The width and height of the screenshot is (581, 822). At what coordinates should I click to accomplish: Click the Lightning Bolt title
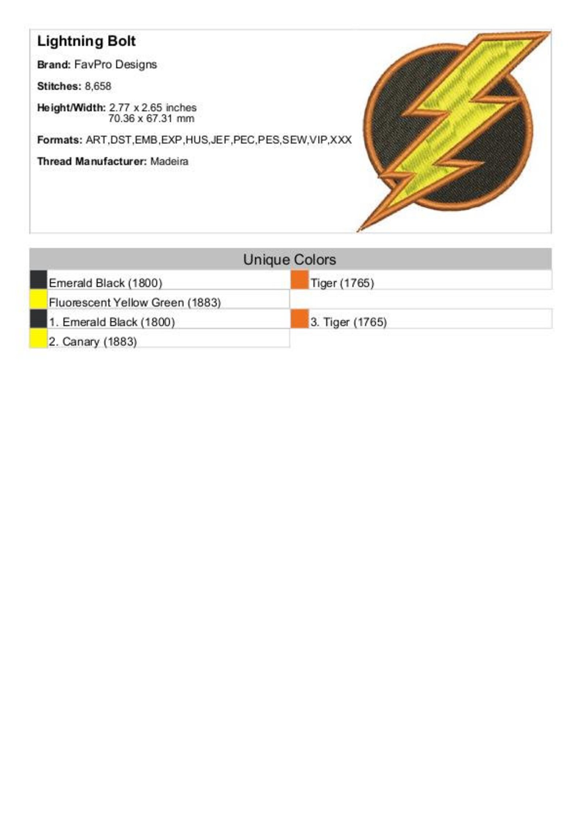click(86, 41)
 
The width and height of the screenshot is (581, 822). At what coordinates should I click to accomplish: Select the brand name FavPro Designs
click(115, 65)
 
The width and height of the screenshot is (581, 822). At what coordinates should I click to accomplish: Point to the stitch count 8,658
click(98, 86)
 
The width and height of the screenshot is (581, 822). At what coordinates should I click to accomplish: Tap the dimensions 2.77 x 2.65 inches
click(153, 108)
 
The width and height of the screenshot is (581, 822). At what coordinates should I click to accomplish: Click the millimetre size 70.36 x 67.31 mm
click(151, 119)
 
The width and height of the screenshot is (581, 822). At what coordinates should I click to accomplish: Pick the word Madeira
click(169, 161)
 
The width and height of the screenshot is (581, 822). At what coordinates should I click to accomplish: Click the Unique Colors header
click(289, 259)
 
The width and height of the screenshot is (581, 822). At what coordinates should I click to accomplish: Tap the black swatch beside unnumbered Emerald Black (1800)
click(38, 280)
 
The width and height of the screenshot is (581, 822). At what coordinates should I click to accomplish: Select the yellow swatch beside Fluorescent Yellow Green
click(38, 299)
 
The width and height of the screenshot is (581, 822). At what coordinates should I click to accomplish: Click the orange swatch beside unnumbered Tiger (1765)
click(300, 280)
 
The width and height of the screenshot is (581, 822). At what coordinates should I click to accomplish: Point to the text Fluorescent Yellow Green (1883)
click(135, 303)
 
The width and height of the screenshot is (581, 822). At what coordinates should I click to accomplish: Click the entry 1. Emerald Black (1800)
click(112, 322)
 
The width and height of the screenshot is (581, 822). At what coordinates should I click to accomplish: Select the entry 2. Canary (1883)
click(93, 342)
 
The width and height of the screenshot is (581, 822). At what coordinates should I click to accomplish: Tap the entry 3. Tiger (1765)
click(348, 322)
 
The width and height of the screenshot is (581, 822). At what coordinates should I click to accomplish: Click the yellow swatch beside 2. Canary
click(38, 338)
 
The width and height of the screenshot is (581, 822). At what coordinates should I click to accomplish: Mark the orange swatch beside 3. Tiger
click(300, 319)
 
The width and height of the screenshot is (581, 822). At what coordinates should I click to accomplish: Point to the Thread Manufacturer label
click(92, 161)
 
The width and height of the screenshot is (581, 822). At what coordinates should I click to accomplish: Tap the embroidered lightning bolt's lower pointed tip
click(360, 229)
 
